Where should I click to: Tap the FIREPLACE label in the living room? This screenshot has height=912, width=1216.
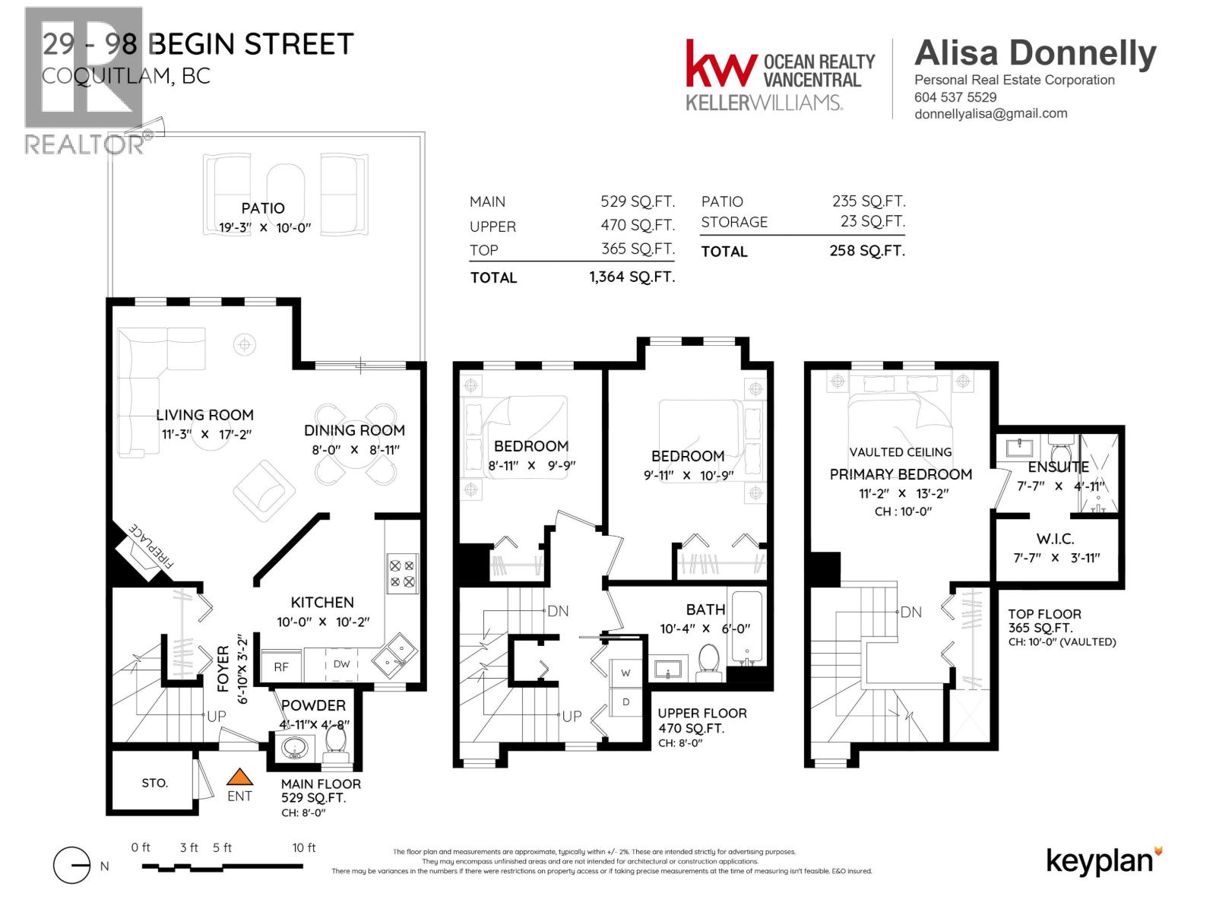151,546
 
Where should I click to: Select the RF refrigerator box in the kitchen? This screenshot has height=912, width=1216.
281,667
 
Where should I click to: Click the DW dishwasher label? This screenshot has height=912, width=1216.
342,663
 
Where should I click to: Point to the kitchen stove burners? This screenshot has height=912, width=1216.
401,574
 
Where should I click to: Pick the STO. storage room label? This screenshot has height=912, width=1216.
154,783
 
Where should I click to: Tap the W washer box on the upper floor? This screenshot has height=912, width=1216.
626,673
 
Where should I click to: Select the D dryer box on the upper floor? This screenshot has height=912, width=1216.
626,701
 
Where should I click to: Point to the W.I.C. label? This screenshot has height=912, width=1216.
1055,539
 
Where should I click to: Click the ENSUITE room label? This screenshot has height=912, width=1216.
1058,467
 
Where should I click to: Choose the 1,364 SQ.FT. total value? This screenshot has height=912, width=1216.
632,277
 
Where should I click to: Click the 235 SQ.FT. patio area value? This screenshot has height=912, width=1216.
868,201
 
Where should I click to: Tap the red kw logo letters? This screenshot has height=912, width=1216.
720,64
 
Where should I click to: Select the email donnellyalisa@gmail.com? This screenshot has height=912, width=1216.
990,113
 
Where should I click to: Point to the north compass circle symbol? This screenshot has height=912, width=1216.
72,866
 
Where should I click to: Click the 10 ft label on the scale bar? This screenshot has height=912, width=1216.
304,847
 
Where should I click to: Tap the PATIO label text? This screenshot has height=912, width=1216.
263,208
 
